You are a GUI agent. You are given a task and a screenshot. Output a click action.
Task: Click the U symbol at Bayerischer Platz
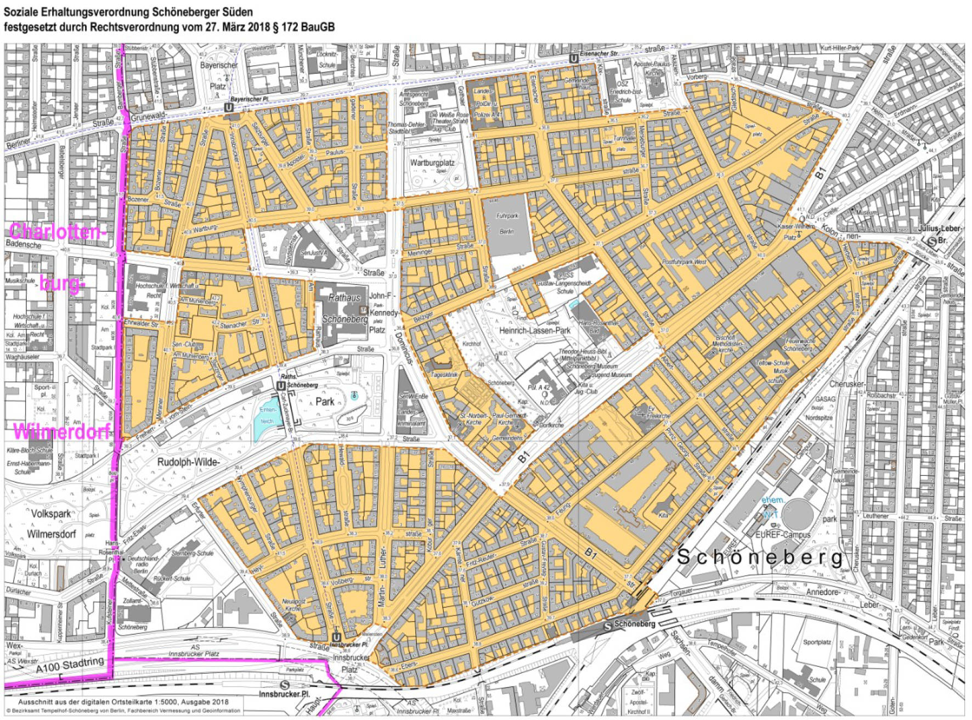tap(229, 108)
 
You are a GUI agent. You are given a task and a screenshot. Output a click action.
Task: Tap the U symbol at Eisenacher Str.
tap(573, 58)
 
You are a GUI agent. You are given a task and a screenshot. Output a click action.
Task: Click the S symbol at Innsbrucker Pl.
tap(284, 685)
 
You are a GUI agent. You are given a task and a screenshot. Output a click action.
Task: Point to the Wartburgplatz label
tap(432, 163)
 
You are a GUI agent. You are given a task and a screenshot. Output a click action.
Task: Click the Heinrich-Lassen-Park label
tap(535, 330)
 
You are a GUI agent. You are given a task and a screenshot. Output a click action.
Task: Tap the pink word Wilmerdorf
tap(61, 431)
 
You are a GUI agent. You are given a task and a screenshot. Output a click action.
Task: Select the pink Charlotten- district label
tap(56, 232)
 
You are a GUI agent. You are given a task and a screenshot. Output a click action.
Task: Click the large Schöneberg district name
tap(760, 557)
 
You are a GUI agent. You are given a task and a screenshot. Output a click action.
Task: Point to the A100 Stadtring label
tap(70, 666)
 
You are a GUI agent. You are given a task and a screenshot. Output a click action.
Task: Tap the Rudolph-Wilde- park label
tap(188, 462)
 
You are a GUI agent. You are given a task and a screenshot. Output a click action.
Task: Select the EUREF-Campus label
tap(783, 534)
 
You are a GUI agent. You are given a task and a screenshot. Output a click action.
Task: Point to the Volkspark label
tap(50, 514)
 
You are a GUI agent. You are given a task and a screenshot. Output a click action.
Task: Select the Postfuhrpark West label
tap(685, 262)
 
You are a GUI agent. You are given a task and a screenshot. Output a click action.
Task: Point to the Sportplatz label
tap(817, 642)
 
